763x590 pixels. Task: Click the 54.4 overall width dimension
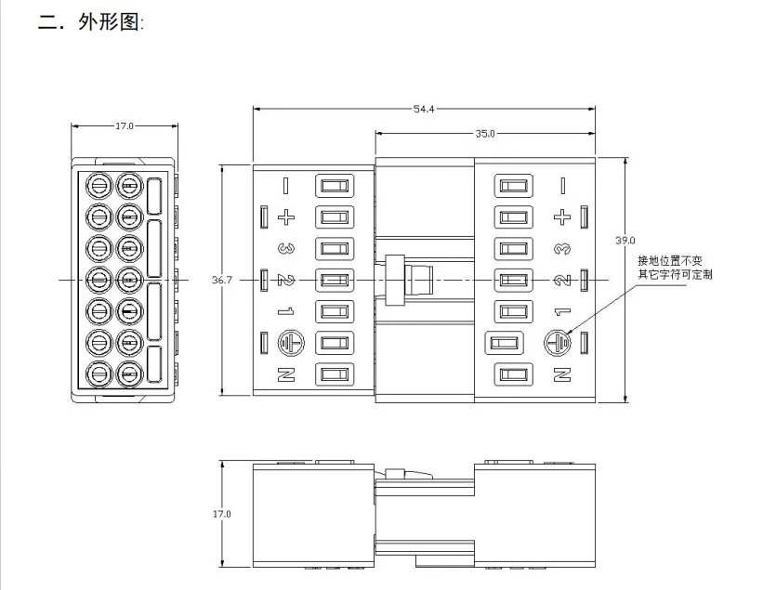(424, 109)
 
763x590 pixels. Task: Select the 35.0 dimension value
(485, 133)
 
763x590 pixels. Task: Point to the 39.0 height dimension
(625, 241)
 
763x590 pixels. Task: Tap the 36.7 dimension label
(222, 281)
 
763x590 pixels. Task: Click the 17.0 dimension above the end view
(125, 126)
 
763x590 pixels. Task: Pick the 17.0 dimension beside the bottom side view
(222, 514)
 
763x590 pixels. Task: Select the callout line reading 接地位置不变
(670, 261)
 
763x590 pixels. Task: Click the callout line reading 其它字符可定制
(676, 275)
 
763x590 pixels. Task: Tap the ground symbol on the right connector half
(558, 344)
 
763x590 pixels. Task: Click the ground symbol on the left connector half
(291, 344)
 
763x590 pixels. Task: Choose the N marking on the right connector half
(562, 374)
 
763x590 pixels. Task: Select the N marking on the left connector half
(286, 374)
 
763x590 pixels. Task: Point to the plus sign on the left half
(286, 216)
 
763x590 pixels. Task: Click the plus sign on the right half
(562, 216)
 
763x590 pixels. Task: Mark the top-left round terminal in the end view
(99, 186)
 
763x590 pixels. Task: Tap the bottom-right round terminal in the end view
(129, 374)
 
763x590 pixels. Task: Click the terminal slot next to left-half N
(335, 374)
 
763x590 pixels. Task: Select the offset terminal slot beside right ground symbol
(504, 344)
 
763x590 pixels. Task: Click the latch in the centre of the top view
(408, 281)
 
